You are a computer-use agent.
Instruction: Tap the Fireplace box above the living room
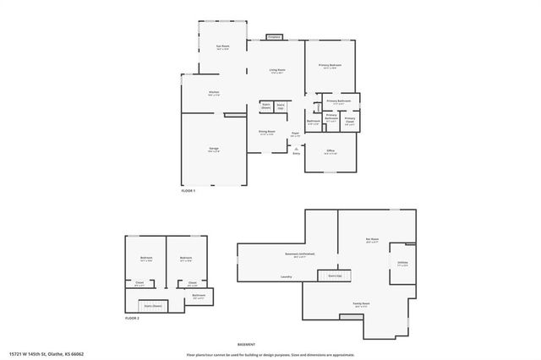[273, 37]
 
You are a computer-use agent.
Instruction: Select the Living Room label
[276, 70]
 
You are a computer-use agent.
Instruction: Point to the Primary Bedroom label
[330, 65]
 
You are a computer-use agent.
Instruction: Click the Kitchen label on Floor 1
[215, 92]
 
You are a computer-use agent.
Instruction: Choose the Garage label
[214, 149]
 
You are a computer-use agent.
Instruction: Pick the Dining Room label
[266, 132]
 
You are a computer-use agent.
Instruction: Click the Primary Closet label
[350, 120]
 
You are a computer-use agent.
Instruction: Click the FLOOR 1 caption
[189, 191]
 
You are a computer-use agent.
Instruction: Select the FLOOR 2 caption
[131, 318]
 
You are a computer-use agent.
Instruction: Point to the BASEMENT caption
[246, 345]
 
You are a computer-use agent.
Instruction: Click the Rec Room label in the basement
[373, 241]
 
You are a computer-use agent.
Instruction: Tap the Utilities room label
[402, 263]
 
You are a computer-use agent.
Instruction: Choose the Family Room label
[362, 303]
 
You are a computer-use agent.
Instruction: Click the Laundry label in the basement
[287, 277]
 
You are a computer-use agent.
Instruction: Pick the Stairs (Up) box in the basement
[334, 275]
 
